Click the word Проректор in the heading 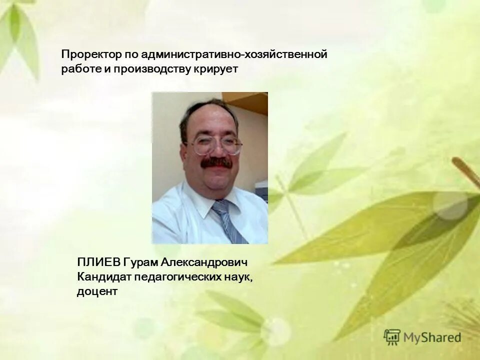86,54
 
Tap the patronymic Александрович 204,262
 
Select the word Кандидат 101,276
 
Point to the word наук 238,276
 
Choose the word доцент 97,291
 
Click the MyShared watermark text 432,337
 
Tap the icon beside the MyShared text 392,336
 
